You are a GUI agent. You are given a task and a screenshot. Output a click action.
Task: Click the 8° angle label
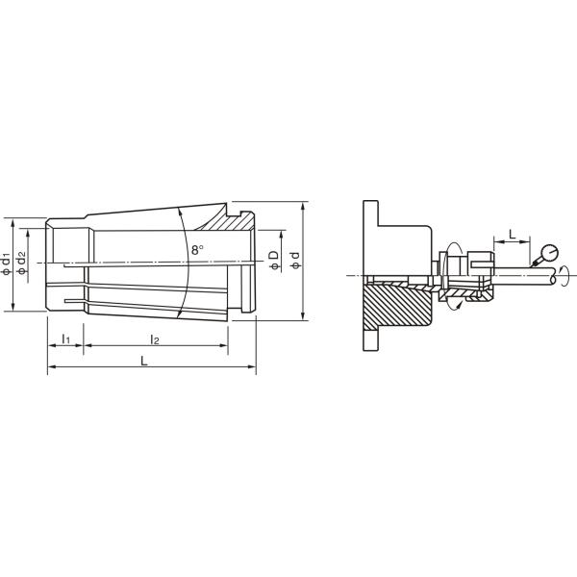tap(197, 250)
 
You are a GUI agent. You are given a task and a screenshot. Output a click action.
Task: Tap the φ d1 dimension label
tap(7, 263)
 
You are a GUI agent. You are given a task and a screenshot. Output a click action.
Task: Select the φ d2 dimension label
tap(22, 263)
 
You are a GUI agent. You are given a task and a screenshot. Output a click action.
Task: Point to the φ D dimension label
tap(274, 260)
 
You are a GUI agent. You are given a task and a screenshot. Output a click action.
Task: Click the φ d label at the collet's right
tap(295, 260)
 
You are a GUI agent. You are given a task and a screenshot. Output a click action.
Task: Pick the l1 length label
tap(65, 339)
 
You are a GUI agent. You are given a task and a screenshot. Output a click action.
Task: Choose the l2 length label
tap(155, 339)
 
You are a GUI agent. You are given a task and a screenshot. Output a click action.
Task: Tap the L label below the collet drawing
tap(144, 361)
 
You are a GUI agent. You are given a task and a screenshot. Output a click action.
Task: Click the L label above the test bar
tap(512, 234)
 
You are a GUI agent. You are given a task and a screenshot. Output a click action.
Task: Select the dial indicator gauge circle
tap(550, 253)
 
